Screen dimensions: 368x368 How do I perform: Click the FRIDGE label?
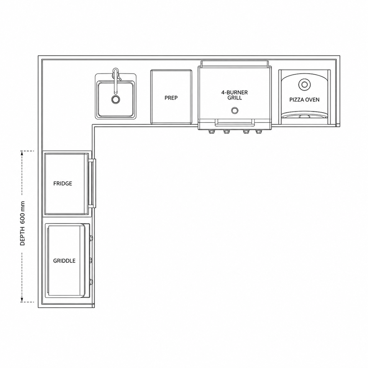pos(62,184)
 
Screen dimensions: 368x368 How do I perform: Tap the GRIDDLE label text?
pos(64,261)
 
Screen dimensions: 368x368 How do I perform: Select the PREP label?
pos(171,98)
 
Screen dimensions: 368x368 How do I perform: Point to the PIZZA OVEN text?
pos(304,100)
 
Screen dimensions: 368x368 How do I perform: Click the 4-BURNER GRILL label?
pos(235,95)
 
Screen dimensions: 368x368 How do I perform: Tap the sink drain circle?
pos(115,100)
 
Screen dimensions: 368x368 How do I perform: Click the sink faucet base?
pos(115,72)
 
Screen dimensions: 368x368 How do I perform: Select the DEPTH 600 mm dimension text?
pos(23,223)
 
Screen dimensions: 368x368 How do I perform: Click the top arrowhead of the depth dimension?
pos(22,153)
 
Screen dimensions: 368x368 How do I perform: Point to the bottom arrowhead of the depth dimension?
pos(22,299)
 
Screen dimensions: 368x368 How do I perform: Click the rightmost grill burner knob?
pos(258,131)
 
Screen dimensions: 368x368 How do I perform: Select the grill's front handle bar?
pos(235,122)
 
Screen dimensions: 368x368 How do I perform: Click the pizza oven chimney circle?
pos(304,84)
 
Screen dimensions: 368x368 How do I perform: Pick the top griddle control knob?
pos(91,238)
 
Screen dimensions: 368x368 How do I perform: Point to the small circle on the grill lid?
pos(235,110)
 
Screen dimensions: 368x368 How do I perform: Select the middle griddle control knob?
pos(91,260)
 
